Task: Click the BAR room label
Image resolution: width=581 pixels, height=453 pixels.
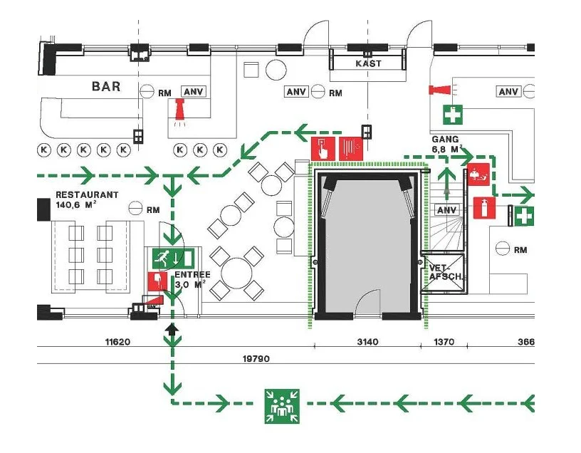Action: tap(106, 86)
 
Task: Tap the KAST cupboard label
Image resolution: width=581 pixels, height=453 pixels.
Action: tap(368, 63)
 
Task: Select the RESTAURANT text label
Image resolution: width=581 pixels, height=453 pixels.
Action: tap(87, 194)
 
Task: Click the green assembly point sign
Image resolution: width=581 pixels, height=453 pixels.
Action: tap(282, 406)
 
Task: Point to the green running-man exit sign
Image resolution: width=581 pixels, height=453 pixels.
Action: tap(174, 259)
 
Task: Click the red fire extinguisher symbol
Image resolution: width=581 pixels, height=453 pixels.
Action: tap(485, 208)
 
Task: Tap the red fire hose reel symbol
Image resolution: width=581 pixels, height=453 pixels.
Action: tap(351, 149)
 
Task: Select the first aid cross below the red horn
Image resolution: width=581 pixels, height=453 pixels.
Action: tap(453, 115)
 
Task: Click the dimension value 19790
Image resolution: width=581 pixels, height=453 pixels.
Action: tap(256, 358)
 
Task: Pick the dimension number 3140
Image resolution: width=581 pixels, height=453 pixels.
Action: tap(367, 341)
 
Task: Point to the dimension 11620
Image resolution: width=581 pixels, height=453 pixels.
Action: tap(117, 341)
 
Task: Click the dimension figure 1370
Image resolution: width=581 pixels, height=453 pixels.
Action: tap(444, 341)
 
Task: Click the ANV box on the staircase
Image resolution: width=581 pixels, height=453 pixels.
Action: tap(446, 210)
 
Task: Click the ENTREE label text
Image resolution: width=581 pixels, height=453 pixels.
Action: tap(192, 275)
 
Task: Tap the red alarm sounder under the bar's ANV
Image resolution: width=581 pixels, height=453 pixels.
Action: tap(179, 110)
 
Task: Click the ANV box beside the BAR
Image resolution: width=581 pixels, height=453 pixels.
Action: tap(194, 92)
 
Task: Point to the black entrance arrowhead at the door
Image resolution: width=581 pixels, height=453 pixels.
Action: tap(172, 329)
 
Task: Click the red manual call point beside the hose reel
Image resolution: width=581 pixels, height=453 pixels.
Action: tap(323, 149)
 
